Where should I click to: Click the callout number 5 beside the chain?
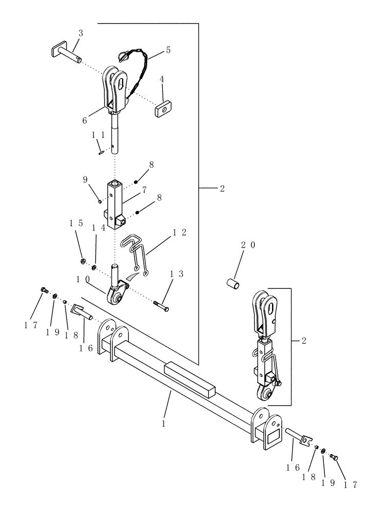point(168,50)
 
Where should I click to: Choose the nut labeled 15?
point(82,256)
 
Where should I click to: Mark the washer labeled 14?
point(95,267)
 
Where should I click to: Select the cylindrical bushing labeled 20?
point(234,283)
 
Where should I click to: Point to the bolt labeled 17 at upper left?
point(45,291)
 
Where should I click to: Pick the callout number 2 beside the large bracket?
point(222,189)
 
